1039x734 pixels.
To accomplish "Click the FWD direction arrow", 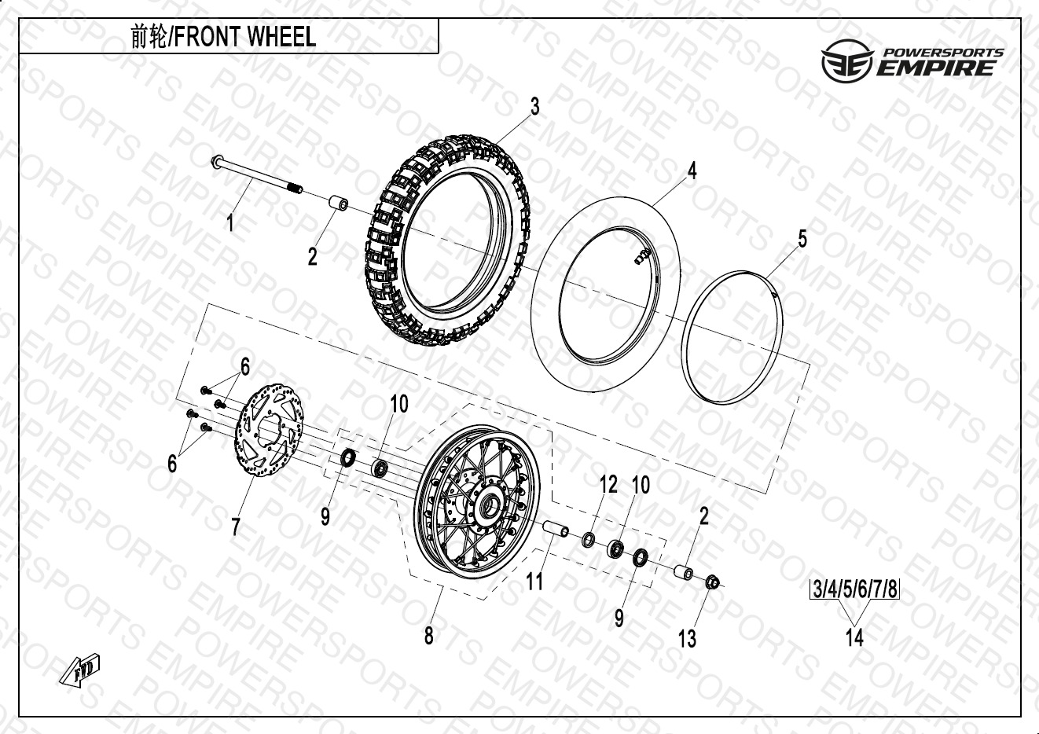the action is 80,670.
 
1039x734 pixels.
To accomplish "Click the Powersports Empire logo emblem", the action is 847,61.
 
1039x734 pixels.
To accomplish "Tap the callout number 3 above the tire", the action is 534,107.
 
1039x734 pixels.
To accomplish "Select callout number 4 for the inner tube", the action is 692,171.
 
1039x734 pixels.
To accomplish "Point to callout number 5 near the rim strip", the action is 802,238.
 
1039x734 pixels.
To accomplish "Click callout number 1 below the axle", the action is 230,222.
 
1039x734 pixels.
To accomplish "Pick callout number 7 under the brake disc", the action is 236,527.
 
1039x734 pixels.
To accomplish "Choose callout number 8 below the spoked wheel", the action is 429,635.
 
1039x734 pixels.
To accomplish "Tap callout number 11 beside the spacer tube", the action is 534,581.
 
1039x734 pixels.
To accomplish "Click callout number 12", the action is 608,485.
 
